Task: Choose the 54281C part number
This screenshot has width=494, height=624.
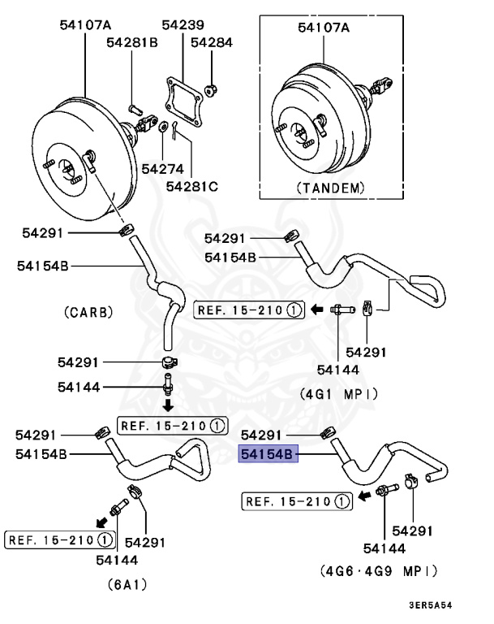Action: click(192, 186)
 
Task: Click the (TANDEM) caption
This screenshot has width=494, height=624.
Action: click(330, 187)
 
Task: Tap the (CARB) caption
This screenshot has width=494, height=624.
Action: click(88, 311)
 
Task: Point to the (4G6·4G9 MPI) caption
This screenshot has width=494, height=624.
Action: click(380, 571)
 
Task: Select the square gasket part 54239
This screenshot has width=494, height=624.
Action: click(183, 94)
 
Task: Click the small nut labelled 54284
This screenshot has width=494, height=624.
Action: click(211, 87)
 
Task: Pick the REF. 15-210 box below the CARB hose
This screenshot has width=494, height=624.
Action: click(171, 425)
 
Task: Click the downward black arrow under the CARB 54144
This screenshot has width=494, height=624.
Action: click(169, 404)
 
